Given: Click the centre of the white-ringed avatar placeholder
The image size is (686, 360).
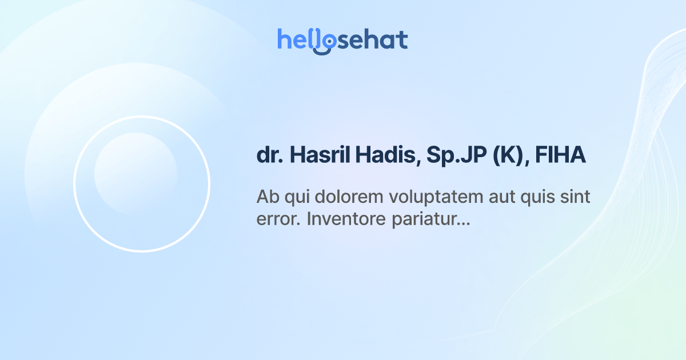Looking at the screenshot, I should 142,184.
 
